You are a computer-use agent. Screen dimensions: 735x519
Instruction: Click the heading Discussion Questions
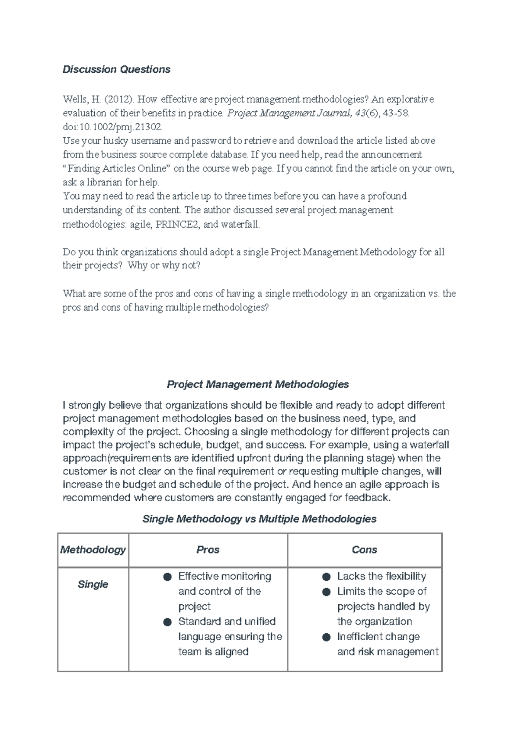116,70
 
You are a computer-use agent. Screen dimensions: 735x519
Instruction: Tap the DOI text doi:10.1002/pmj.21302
113,127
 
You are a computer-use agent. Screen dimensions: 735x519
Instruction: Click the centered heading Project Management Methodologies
258,384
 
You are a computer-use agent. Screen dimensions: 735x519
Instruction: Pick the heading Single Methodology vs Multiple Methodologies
259,519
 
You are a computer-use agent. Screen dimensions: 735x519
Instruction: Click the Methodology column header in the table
93,550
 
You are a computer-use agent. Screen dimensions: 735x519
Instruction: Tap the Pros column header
208,550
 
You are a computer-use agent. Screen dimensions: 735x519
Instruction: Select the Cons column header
364,550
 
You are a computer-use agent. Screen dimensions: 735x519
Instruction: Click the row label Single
93,584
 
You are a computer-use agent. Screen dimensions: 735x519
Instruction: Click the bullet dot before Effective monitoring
167,577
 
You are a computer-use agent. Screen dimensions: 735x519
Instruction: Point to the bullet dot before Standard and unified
167,622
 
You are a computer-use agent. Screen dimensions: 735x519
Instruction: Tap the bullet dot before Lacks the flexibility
327,577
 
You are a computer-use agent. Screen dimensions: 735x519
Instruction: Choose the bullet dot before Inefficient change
327,637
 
